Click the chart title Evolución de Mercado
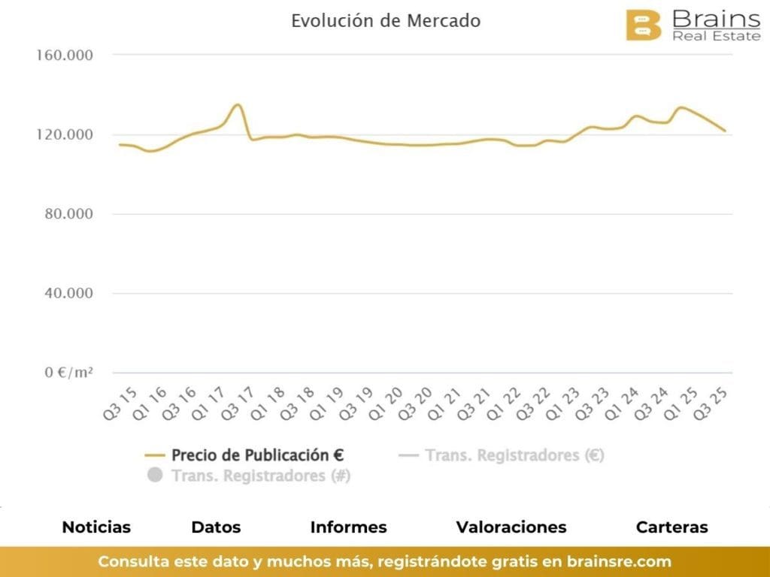pyautogui.click(x=385, y=21)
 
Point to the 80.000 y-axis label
pyautogui.click(x=68, y=214)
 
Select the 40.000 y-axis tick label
pyautogui.click(x=68, y=293)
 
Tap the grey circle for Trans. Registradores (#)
pyautogui.click(x=156, y=476)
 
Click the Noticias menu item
pyautogui.click(x=96, y=527)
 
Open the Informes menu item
pyautogui.click(x=348, y=527)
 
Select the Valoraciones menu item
pyautogui.click(x=511, y=527)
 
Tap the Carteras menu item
pyautogui.click(x=671, y=527)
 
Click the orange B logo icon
pyautogui.click(x=644, y=25)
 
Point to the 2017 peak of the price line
pyautogui.click(x=237, y=104)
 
